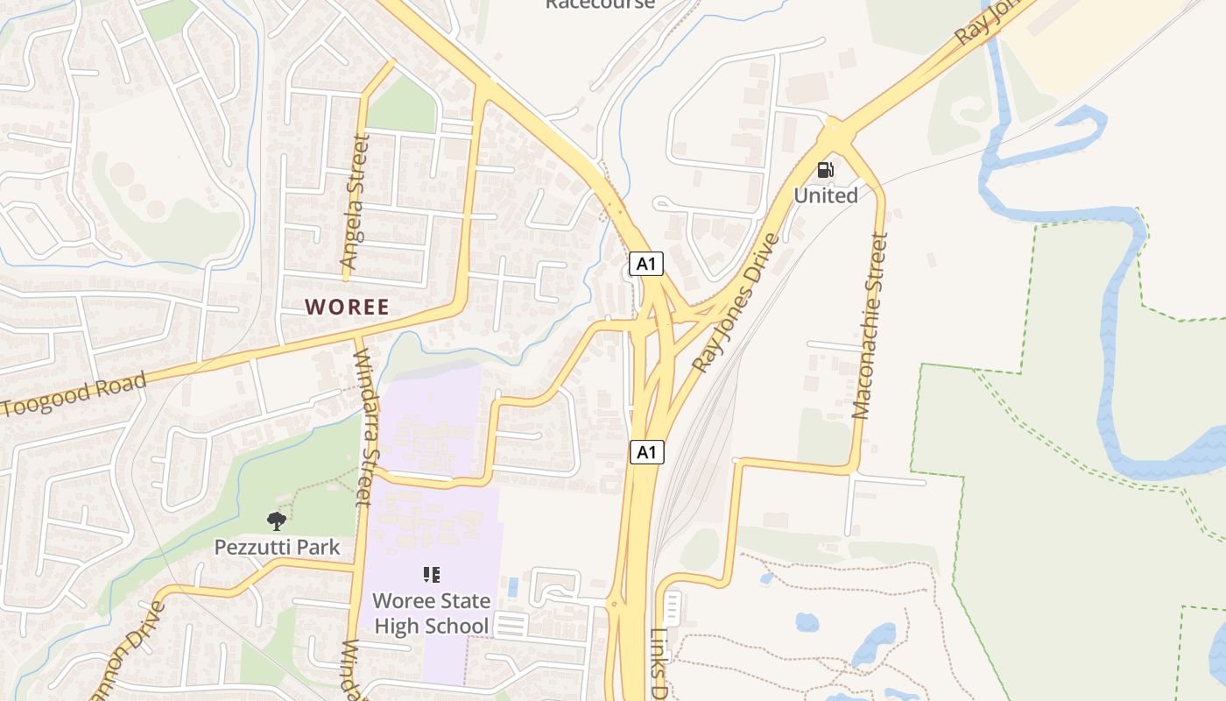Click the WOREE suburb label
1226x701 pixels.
(347, 308)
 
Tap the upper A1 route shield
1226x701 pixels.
(646, 264)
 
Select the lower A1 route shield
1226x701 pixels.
(646, 452)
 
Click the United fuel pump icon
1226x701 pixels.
(825, 170)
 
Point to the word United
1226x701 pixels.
(826, 195)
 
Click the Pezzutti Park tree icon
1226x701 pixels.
(277, 521)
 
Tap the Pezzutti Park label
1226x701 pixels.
(277, 548)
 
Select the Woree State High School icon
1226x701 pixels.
(431, 575)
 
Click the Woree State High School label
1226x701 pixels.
(431, 614)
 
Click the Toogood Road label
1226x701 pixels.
(74, 395)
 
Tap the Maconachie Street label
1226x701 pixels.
(871, 325)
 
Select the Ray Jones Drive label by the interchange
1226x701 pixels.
(736, 302)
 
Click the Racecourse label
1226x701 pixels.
(600, 4)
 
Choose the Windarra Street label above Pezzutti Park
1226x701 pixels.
(363, 428)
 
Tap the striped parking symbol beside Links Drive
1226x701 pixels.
(673, 606)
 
